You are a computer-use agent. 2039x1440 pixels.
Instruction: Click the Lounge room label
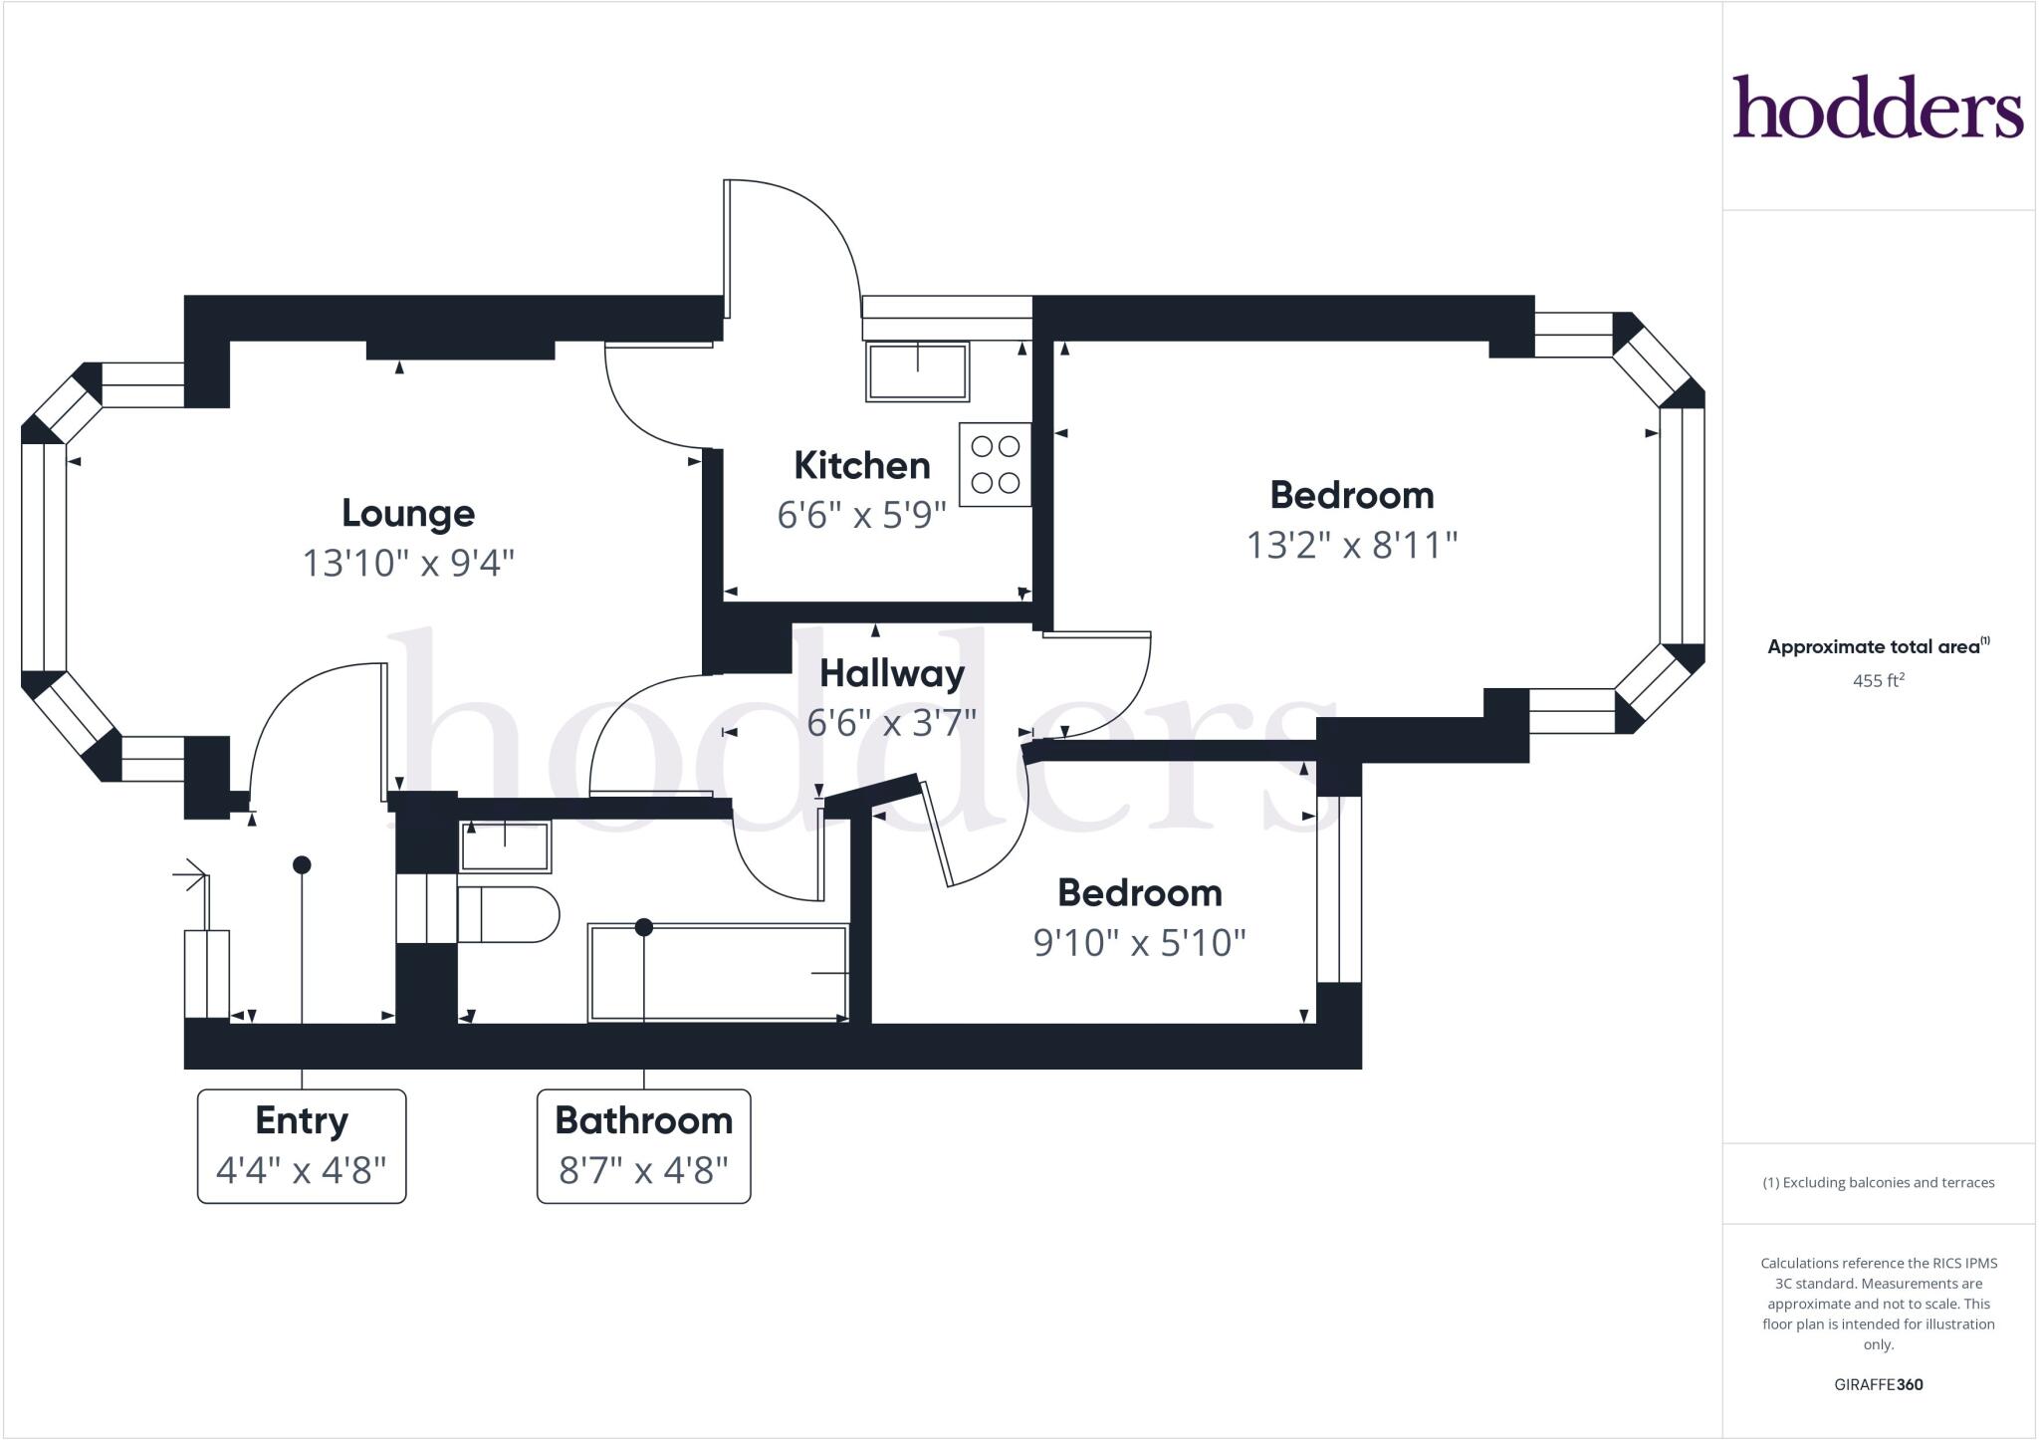point(408,514)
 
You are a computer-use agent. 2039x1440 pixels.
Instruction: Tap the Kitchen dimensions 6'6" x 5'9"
point(861,515)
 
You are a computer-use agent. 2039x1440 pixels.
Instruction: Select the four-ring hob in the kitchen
point(995,464)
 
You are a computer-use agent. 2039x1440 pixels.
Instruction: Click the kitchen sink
point(917,371)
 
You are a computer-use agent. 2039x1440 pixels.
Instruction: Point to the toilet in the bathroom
point(508,914)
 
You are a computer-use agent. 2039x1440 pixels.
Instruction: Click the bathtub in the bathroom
point(717,972)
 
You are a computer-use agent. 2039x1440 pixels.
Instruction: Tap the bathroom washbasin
point(505,845)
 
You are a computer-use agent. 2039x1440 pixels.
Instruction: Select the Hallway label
point(892,674)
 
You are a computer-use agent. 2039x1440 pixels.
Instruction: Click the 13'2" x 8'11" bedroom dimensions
point(1352,545)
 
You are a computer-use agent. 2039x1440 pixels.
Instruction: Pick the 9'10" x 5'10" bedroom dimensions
point(1139,942)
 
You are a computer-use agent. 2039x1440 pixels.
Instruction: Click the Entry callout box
point(302,1146)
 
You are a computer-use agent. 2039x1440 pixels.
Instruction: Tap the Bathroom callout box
point(643,1146)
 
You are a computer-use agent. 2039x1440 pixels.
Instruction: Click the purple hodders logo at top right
point(1878,107)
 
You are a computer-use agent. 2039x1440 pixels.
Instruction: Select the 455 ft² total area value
point(1878,681)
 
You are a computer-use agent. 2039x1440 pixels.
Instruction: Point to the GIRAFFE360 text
point(1878,1384)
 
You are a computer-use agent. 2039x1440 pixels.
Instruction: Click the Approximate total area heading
point(1876,646)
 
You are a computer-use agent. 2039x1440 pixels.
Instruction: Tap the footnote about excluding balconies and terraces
point(1878,1183)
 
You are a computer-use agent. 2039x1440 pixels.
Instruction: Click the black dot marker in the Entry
point(302,864)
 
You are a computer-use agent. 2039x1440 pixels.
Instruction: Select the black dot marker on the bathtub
point(644,927)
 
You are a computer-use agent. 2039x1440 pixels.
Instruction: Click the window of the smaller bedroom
point(1339,889)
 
